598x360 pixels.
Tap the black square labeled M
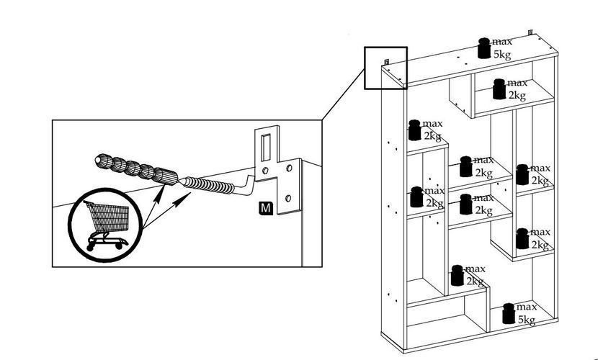(x=266, y=209)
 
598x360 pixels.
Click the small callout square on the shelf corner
(x=386, y=68)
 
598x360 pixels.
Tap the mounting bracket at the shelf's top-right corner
(x=530, y=34)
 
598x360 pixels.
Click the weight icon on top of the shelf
(x=484, y=48)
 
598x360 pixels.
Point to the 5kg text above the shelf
(x=502, y=54)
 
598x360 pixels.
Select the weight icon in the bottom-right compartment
(x=509, y=314)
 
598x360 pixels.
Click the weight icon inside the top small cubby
(x=499, y=89)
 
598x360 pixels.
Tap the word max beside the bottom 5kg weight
(x=526, y=307)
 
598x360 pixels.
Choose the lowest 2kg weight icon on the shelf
(x=457, y=276)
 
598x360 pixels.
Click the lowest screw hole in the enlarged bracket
(x=288, y=196)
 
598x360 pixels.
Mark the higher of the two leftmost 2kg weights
(x=414, y=130)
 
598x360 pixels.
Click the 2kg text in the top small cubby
(x=517, y=95)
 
